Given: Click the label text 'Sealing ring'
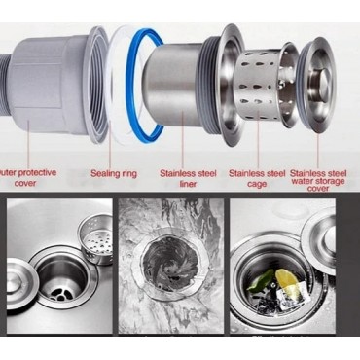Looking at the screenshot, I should [x=115, y=174].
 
